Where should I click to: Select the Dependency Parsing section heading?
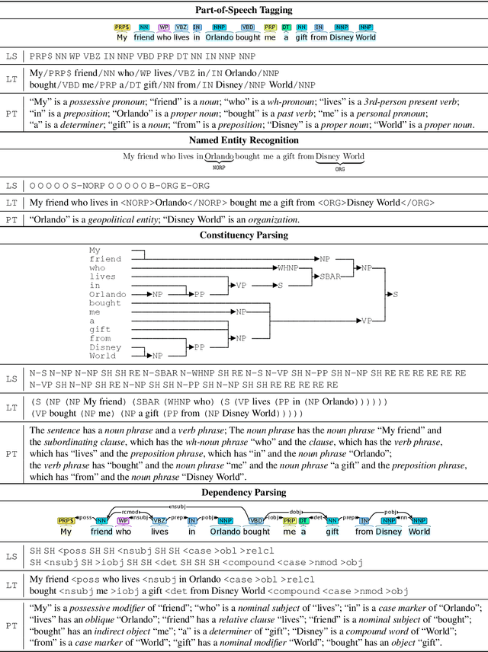[x=244, y=492]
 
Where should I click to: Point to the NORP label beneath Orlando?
[x=219, y=167]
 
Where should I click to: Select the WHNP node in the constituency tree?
[x=288, y=268]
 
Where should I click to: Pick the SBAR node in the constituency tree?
[x=330, y=277]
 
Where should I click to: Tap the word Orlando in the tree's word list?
[x=108, y=294]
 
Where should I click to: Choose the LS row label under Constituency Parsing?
[x=11, y=378]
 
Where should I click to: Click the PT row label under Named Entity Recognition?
[x=11, y=220]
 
